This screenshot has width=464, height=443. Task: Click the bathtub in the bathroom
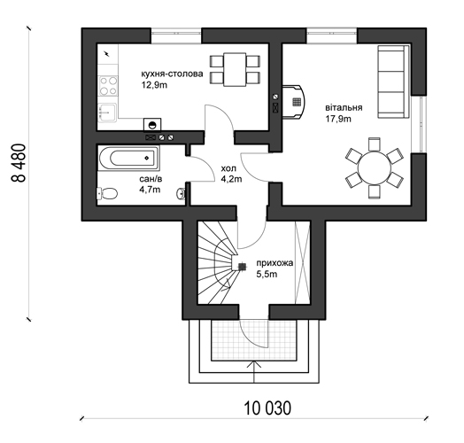(128, 158)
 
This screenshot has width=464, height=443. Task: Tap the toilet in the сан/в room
(107, 194)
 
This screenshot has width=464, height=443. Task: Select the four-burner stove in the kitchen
(108, 86)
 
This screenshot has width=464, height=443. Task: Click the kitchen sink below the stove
(107, 113)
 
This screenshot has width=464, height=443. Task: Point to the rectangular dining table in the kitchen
(235, 70)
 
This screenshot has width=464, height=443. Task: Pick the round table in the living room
(375, 168)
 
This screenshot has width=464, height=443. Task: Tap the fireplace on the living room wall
(293, 102)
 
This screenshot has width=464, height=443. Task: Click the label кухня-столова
(172, 74)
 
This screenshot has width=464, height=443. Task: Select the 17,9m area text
(338, 119)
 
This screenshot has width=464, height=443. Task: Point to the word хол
(228, 168)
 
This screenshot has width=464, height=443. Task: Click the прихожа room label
(275, 263)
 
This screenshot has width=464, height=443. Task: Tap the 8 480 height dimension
(19, 163)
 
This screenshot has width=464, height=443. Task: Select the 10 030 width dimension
(267, 408)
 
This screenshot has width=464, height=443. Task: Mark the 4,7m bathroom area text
(150, 190)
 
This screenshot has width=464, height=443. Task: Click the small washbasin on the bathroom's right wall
(181, 194)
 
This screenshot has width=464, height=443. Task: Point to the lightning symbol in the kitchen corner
(107, 53)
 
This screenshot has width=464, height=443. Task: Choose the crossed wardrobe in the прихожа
(303, 262)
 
